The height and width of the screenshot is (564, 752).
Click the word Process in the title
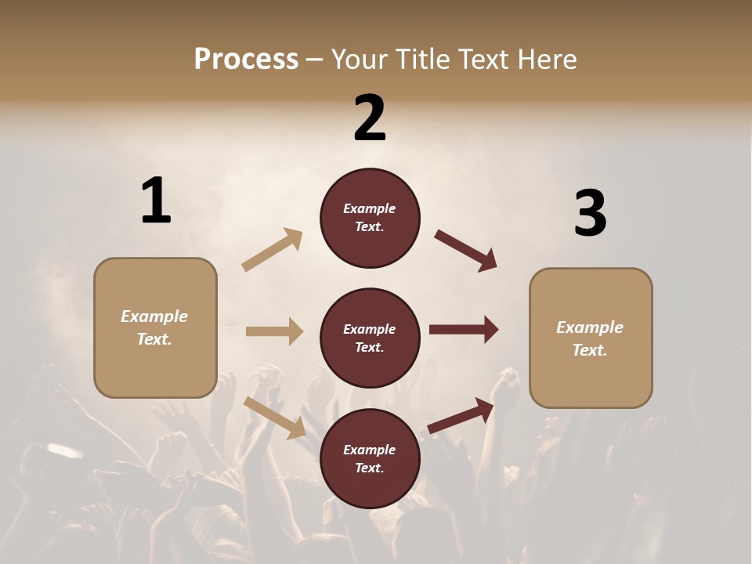tap(246, 59)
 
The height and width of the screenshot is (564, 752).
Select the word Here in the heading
tap(546, 59)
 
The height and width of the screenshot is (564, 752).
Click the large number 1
tap(156, 201)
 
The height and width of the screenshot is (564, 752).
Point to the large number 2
tap(370, 118)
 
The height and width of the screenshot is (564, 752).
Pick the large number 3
tap(590, 213)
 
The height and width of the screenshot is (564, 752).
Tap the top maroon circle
tap(370, 218)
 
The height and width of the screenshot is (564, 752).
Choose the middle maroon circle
tap(370, 338)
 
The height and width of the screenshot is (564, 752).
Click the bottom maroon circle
tap(370, 458)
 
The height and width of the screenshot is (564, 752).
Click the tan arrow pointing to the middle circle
tap(274, 331)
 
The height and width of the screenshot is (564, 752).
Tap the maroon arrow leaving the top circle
tap(465, 251)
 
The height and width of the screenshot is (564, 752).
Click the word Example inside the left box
tap(154, 316)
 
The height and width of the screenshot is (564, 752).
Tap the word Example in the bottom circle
tap(370, 450)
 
